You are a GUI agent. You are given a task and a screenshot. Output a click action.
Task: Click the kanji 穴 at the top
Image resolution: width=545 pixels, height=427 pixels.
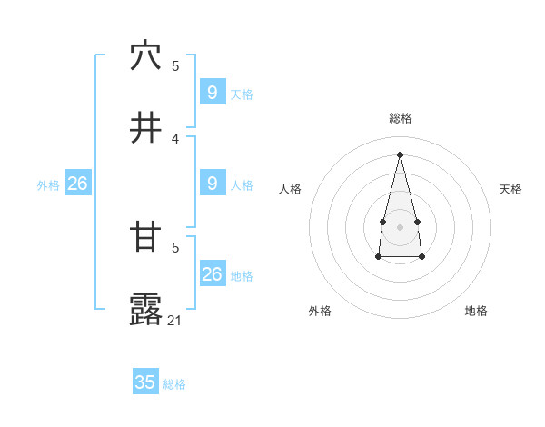coord(145,56)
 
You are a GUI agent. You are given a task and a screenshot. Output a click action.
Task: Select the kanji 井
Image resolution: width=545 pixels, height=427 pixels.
coord(145,129)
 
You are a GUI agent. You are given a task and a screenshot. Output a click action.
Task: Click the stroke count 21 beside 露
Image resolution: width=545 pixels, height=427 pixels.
coord(175,320)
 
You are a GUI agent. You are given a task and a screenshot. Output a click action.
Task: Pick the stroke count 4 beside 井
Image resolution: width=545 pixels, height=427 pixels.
coord(175,138)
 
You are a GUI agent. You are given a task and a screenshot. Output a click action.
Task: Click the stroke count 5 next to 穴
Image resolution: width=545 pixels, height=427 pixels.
coord(175,66)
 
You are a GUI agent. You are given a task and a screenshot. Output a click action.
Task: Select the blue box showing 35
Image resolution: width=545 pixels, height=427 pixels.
coord(145,382)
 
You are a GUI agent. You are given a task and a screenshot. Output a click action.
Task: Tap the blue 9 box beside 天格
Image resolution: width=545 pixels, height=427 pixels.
coord(213,92)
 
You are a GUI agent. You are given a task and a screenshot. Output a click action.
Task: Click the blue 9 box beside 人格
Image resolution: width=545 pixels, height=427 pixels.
coord(213,184)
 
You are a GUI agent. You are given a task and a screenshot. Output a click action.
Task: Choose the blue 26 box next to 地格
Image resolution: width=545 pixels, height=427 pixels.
coord(213,273)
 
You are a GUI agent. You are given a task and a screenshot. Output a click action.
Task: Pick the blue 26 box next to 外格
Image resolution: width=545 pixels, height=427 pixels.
coord(77,184)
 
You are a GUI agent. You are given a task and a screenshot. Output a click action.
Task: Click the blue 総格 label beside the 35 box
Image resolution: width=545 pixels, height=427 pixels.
coord(175,384)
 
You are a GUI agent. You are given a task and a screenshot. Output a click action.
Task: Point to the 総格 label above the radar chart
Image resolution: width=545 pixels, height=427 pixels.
coord(401,118)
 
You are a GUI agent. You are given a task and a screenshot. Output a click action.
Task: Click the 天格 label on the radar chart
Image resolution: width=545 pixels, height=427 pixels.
coord(511,189)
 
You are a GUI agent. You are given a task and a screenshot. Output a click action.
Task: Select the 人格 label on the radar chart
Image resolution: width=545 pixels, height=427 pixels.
coord(290,189)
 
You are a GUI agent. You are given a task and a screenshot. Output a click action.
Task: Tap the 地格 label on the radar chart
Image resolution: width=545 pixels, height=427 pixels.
coord(476,311)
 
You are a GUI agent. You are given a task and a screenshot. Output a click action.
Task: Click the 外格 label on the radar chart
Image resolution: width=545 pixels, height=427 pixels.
coord(320,311)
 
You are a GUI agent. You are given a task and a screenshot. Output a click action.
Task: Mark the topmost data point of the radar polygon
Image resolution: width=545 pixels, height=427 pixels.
coord(401,154)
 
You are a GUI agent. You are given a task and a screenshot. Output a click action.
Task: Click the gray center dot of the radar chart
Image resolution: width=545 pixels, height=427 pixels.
coord(401,226)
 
